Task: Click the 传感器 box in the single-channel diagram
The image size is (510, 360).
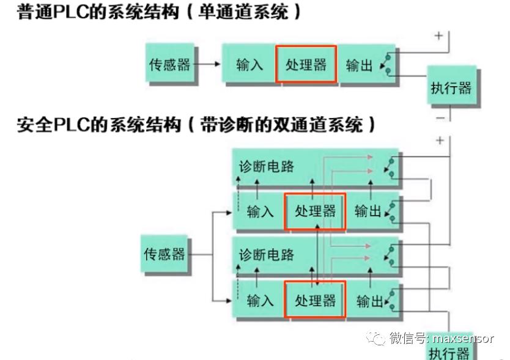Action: point(170,64)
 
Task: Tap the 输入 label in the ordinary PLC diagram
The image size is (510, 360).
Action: point(249,65)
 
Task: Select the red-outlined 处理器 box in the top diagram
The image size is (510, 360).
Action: point(306,64)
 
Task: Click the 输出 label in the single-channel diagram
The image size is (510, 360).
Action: point(359,65)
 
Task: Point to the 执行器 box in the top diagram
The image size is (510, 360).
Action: point(451,87)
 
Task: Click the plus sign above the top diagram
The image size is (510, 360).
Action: point(438,35)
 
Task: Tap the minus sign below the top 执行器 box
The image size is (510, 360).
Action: point(440,117)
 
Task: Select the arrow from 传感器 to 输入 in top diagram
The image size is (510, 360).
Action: point(209,64)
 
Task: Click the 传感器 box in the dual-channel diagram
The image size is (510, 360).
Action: point(164,254)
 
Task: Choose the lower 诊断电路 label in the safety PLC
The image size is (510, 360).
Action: point(266,254)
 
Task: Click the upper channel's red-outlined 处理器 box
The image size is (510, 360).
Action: point(316,211)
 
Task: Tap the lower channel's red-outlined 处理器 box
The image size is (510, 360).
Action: point(316,300)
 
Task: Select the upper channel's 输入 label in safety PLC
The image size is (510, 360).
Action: point(261,212)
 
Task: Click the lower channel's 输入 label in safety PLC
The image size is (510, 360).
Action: point(261,301)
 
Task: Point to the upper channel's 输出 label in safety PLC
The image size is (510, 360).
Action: point(368,212)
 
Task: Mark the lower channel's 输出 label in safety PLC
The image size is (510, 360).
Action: point(368,301)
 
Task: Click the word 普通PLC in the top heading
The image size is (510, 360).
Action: point(54,13)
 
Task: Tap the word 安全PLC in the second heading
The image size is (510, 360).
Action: point(54,126)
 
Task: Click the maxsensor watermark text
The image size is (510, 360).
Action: point(463,338)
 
